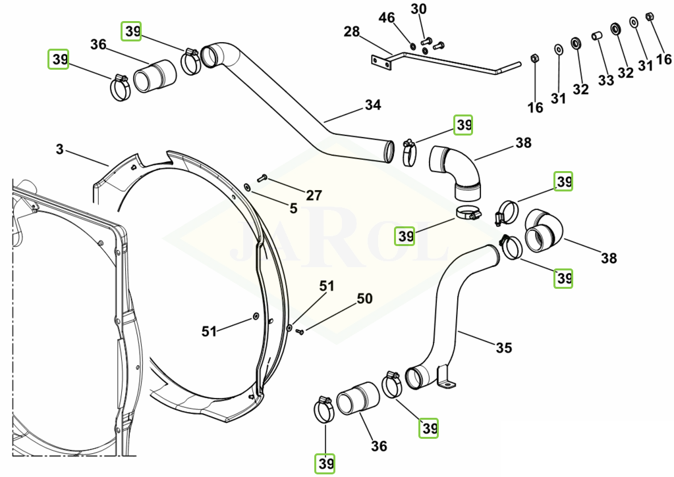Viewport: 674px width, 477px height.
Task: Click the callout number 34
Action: [x=373, y=105]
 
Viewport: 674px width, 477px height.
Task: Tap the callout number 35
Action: [x=504, y=347]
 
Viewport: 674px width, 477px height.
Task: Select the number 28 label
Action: [x=352, y=32]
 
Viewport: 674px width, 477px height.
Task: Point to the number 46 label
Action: [x=387, y=18]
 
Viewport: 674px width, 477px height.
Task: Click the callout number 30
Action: [x=418, y=9]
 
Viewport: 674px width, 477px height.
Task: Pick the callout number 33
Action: [x=606, y=80]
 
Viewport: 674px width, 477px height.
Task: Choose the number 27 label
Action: [x=314, y=195]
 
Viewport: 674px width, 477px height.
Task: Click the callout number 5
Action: [x=294, y=209]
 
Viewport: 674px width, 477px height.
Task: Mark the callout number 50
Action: [x=364, y=299]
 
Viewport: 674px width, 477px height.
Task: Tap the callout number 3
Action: [x=59, y=149]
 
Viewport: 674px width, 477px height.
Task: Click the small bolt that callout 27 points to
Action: [x=262, y=178]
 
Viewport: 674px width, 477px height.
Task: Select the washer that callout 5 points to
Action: [x=248, y=187]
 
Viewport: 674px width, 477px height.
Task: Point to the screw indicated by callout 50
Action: [x=300, y=331]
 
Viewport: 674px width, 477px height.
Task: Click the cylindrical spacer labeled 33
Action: [x=597, y=36]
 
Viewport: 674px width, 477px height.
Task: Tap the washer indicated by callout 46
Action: [x=412, y=46]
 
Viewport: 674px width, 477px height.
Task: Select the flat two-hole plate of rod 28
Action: [x=381, y=63]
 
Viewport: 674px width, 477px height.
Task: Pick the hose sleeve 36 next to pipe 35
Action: [x=358, y=398]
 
